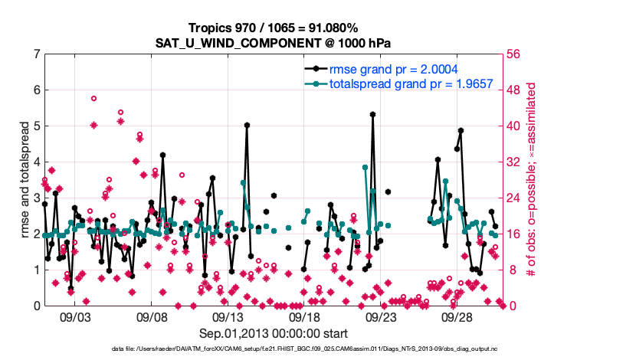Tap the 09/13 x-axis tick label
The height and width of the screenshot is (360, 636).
click(228, 316)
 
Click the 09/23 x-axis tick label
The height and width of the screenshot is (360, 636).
click(381, 316)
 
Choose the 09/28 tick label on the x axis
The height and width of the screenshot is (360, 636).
click(457, 316)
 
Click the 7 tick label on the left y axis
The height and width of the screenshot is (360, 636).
click(36, 54)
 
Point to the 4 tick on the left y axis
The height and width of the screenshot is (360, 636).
click(36, 162)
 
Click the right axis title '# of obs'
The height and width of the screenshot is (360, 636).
click(529, 179)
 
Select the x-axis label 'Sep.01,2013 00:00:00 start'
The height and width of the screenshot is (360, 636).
click(274, 333)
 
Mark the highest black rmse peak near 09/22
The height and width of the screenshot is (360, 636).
click(372, 114)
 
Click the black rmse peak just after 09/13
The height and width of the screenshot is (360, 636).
click(247, 125)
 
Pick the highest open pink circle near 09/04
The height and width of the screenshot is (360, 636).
click(93, 98)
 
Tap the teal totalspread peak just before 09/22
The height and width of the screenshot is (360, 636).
click(366, 167)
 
